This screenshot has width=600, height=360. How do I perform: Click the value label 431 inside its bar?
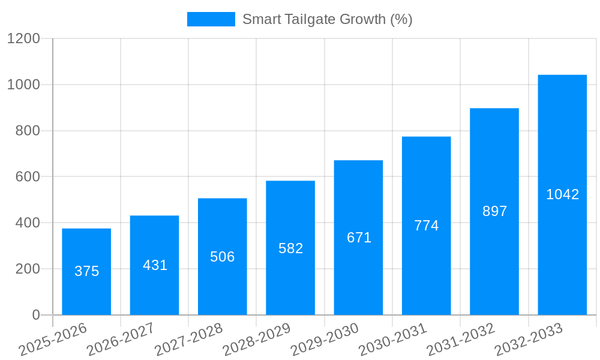pyautogui.click(x=155, y=265)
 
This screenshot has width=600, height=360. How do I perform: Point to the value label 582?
pyautogui.click(x=290, y=248)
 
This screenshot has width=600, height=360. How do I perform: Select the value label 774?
pyautogui.click(x=426, y=226)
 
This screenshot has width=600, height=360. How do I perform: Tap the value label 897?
pyautogui.click(x=494, y=211)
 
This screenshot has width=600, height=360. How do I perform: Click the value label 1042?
pyautogui.click(x=562, y=194)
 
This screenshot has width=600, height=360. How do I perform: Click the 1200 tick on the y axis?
pyautogui.click(x=23, y=38)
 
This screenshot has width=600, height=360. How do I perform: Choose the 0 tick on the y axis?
pyautogui.click(x=35, y=315)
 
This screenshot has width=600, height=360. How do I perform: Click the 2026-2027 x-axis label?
pyautogui.click(x=121, y=339)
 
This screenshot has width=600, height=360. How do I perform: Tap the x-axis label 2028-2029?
pyautogui.click(x=257, y=339)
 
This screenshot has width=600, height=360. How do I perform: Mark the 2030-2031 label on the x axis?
pyautogui.click(x=392, y=339)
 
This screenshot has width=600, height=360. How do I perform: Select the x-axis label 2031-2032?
pyautogui.click(x=461, y=339)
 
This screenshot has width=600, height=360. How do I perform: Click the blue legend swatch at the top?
pyautogui.click(x=211, y=19)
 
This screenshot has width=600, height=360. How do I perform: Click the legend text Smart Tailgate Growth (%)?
pyautogui.click(x=327, y=19)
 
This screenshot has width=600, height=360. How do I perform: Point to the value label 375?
pyautogui.click(x=86, y=271)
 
